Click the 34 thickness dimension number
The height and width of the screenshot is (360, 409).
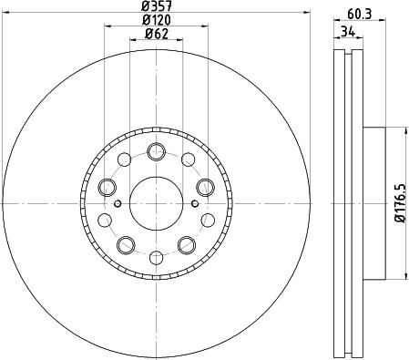pos(346,30)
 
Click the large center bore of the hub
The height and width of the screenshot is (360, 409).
pos(156,203)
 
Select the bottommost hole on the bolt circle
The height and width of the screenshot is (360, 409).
pos(156,256)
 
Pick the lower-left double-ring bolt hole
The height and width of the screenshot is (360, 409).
pos(125,244)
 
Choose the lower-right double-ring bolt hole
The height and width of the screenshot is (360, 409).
pos(187,244)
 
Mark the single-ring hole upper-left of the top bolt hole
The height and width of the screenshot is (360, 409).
pos(125,161)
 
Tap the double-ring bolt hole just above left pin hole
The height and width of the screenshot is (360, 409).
pos(107,187)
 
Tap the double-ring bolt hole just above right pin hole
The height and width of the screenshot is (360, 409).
pos(205,187)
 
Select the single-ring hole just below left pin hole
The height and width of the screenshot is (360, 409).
pos(106,220)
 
